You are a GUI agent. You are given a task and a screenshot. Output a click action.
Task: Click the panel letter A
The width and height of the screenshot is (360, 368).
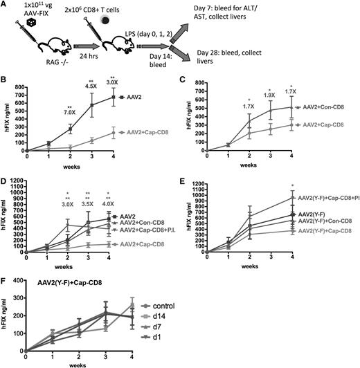[6, 6]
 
